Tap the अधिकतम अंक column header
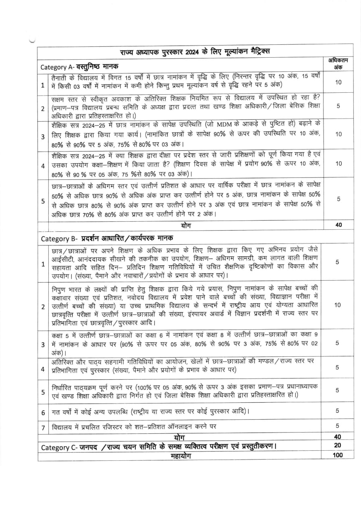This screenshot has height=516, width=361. click(338, 64)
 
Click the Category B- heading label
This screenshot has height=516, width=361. click(59, 238)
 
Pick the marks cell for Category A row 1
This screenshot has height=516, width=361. click(338, 82)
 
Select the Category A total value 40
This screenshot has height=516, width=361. click(338, 225)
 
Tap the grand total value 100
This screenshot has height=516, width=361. click(338, 455)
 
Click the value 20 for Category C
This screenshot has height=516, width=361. click(338, 445)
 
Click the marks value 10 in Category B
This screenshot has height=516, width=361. click(338, 305)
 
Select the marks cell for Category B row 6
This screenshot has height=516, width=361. click(338, 411)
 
